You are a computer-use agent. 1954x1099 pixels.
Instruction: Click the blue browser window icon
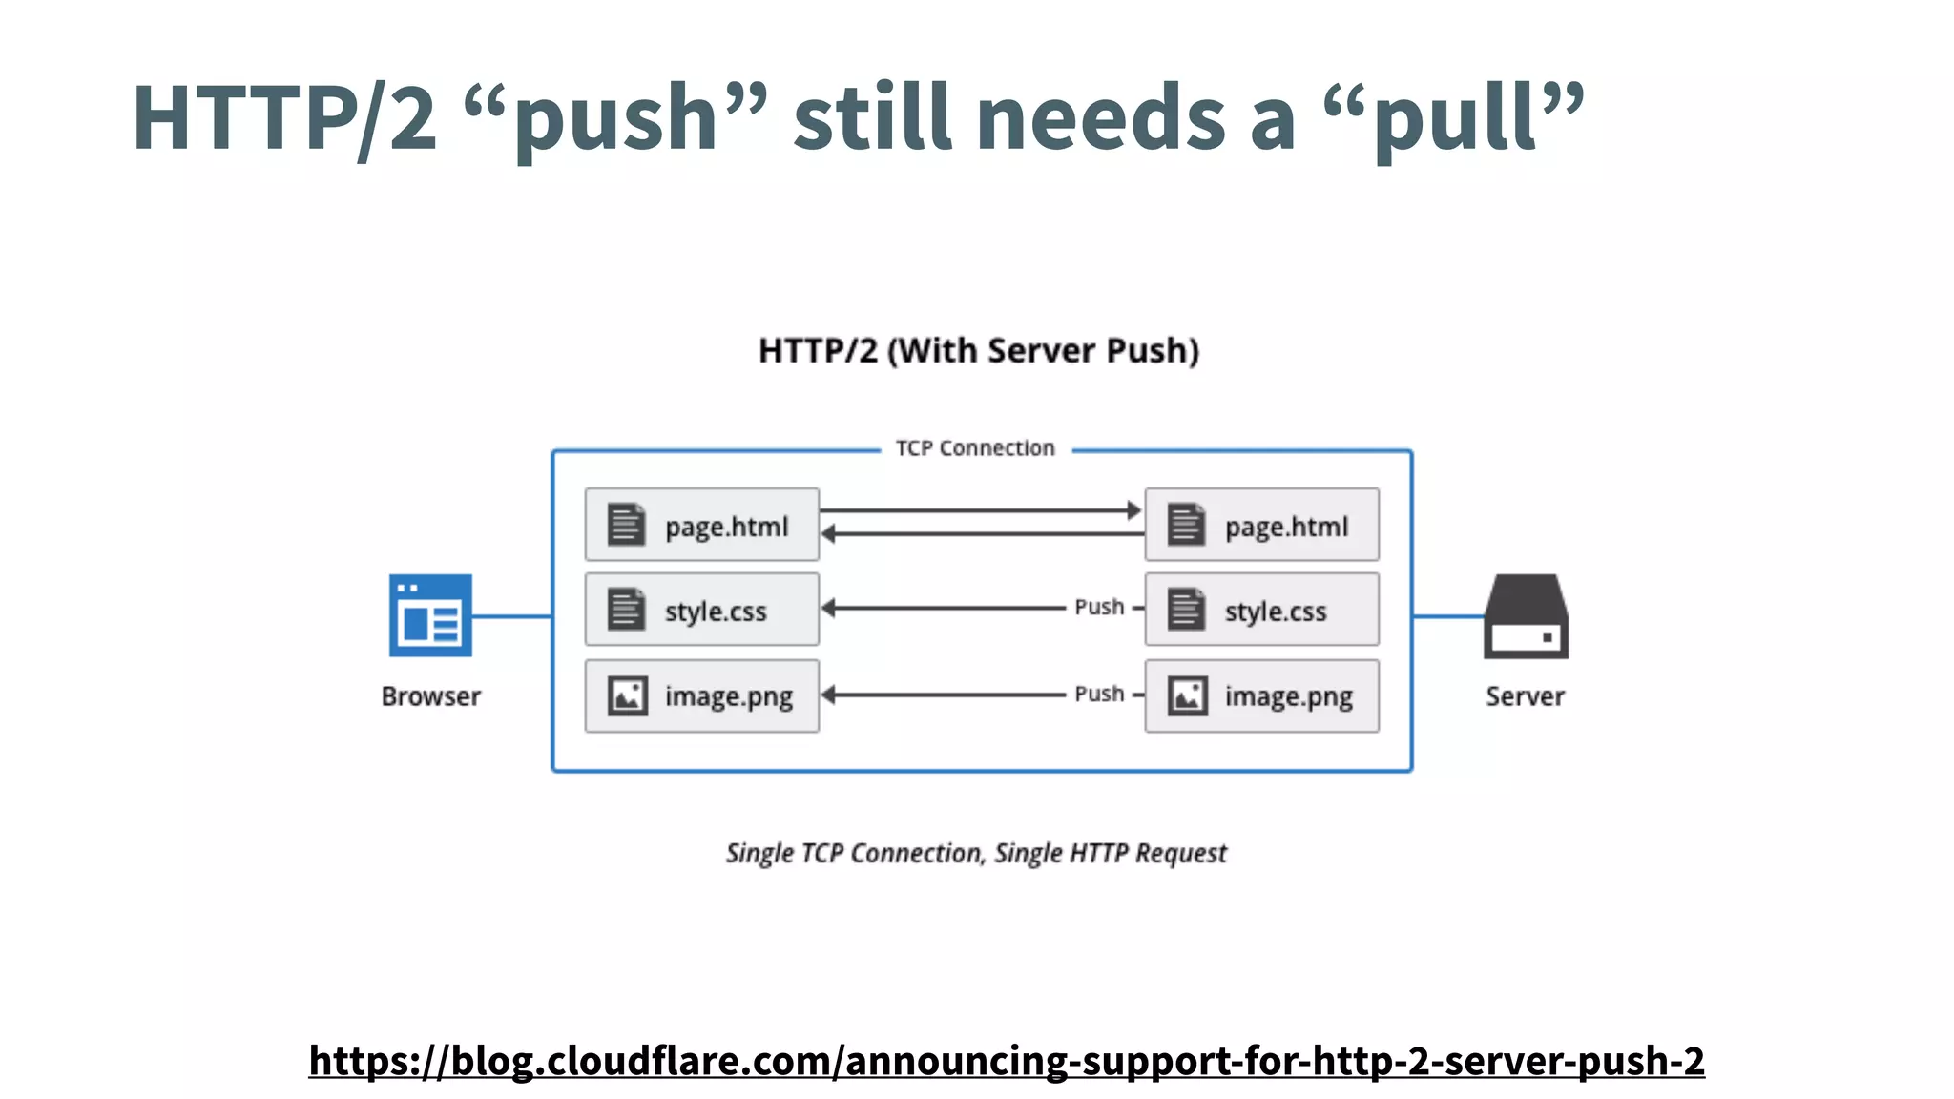click(430, 615)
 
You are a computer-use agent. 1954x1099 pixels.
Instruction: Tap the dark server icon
click(1526, 616)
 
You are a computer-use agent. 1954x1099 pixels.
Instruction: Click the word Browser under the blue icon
click(430, 696)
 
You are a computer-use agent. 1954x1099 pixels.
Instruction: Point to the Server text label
click(1525, 696)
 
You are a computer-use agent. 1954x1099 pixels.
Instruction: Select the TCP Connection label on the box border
click(975, 448)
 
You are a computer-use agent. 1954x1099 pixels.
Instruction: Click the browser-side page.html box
click(702, 525)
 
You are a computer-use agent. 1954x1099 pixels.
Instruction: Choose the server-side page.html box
click(1261, 525)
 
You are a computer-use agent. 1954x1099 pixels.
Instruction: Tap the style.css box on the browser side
click(702, 610)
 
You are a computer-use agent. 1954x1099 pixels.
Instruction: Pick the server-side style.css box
click(1261, 610)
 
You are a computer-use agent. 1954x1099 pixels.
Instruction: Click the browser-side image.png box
click(702, 696)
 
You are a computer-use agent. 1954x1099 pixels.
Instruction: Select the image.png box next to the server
click(1261, 696)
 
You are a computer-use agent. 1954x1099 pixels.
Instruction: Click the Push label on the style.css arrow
click(1099, 607)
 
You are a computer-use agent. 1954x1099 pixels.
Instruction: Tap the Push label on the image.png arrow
click(1099, 694)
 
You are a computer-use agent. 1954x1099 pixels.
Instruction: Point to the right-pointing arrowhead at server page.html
click(1133, 510)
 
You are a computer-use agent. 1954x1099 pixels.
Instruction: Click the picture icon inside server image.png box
click(1188, 696)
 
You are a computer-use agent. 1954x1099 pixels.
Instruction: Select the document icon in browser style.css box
click(627, 610)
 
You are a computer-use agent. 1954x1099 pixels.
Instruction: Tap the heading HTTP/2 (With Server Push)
click(979, 351)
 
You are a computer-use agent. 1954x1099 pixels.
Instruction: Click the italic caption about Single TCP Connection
click(976, 853)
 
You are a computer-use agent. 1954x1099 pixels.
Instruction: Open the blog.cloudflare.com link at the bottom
click(1007, 1061)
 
